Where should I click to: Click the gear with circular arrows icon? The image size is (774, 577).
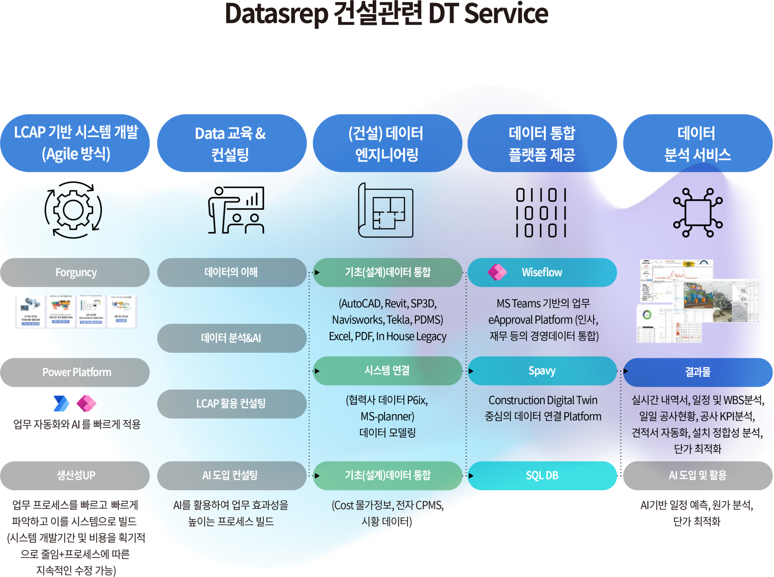click(x=73, y=210)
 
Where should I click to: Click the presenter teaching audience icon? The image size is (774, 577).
click(x=236, y=210)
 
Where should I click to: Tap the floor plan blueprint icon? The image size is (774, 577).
click(x=386, y=210)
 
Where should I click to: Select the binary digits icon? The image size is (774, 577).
click(x=541, y=212)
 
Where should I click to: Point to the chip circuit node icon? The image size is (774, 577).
click(x=698, y=212)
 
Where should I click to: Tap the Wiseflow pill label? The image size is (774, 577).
click(x=542, y=272)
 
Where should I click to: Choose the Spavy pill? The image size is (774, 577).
click(x=542, y=371)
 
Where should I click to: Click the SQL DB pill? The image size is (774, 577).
click(x=542, y=475)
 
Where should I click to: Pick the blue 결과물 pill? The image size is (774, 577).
click(x=698, y=372)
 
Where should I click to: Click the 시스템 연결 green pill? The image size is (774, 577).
click(x=387, y=371)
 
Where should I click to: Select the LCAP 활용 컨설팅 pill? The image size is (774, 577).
click(x=231, y=404)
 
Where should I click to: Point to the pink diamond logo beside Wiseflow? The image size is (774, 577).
click(x=497, y=272)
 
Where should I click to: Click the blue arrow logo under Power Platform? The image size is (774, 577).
click(x=61, y=403)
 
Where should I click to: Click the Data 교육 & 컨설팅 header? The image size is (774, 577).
click(x=231, y=143)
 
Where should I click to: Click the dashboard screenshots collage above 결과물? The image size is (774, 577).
click(x=698, y=301)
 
